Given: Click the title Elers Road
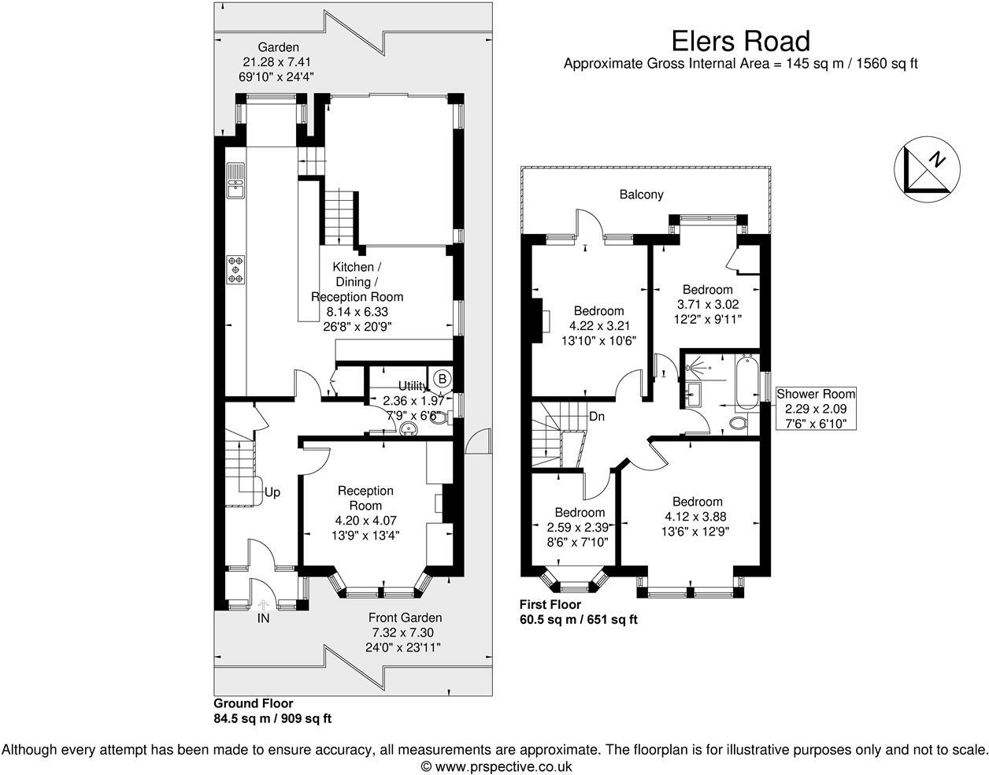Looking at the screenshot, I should [740, 41].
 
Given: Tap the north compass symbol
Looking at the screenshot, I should [927, 168].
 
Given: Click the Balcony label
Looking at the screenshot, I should [641, 195].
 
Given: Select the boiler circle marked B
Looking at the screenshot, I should [443, 379].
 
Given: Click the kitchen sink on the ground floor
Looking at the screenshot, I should [236, 180].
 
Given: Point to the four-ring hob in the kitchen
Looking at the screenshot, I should [236, 269].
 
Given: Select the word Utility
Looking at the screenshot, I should [413, 386].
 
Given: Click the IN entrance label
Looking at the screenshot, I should [263, 619].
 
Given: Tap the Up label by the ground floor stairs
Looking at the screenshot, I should [272, 492].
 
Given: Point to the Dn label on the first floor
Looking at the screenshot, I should [596, 417].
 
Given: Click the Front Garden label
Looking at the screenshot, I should [406, 618].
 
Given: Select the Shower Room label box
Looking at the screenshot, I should [815, 409].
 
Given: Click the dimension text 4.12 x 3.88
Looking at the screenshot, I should [697, 517].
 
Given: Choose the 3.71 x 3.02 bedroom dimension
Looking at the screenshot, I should [707, 304].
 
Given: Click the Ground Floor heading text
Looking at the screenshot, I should [254, 703].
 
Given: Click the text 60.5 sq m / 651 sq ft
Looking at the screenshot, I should [578, 620].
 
